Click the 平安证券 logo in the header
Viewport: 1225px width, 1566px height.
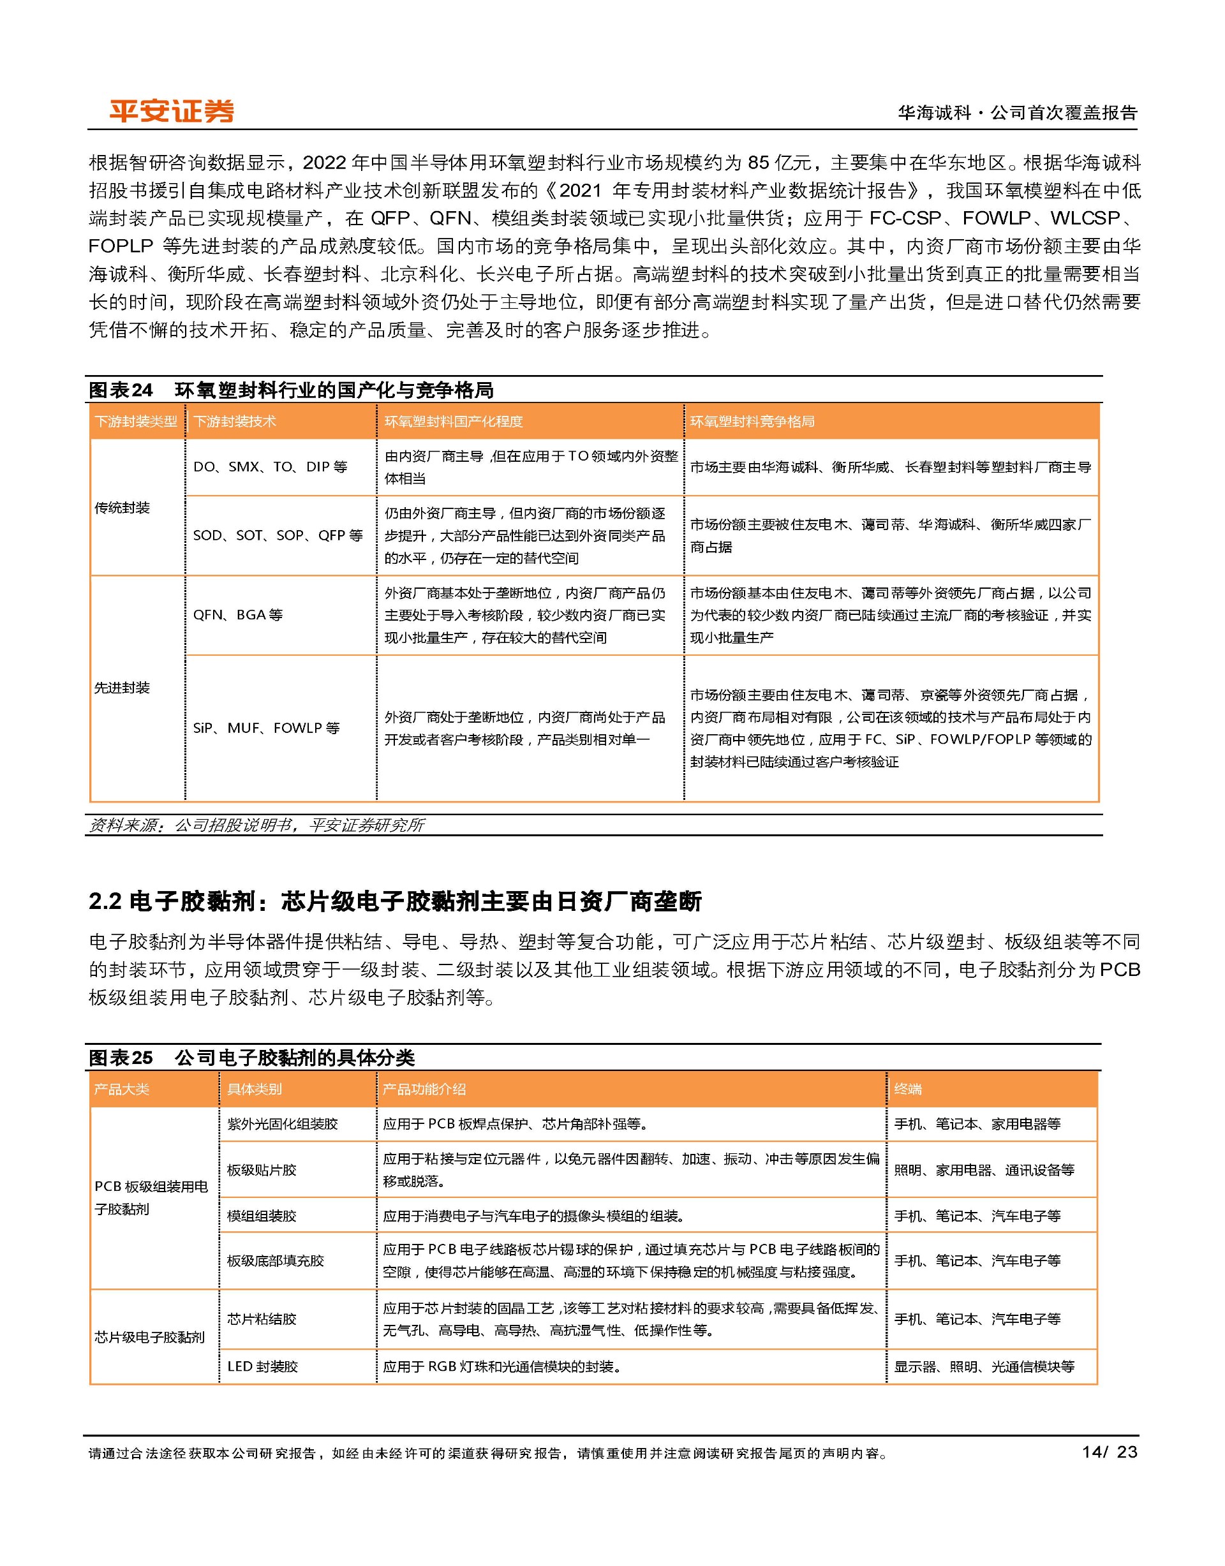(x=172, y=111)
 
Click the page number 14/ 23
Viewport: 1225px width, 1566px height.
(x=1109, y=1452)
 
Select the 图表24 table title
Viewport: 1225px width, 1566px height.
(x=290, y=390)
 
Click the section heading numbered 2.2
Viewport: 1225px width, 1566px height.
(x=394, y=901)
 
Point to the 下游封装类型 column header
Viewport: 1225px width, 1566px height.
(x=135, y=422)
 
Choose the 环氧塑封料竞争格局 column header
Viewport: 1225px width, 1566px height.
(x=752, y=422)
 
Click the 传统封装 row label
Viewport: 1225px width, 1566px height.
(x=122, y=508)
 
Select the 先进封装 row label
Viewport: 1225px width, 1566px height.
(x=122, y=688)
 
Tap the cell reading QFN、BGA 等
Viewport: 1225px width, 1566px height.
(x=238, y=615)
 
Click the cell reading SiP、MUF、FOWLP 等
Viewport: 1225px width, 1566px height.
(x=266, y=728)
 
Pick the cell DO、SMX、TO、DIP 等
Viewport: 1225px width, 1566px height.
(x=270, y=467)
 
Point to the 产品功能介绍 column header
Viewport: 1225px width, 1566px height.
(x=424, y=1089)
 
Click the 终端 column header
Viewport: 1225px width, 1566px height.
(x=907, y=1089)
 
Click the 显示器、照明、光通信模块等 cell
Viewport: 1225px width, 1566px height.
(x=983, y=1367)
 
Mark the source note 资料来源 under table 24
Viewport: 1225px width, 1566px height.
(x=256, y=825)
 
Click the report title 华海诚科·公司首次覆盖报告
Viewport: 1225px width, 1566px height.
(x=1017, y=112)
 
